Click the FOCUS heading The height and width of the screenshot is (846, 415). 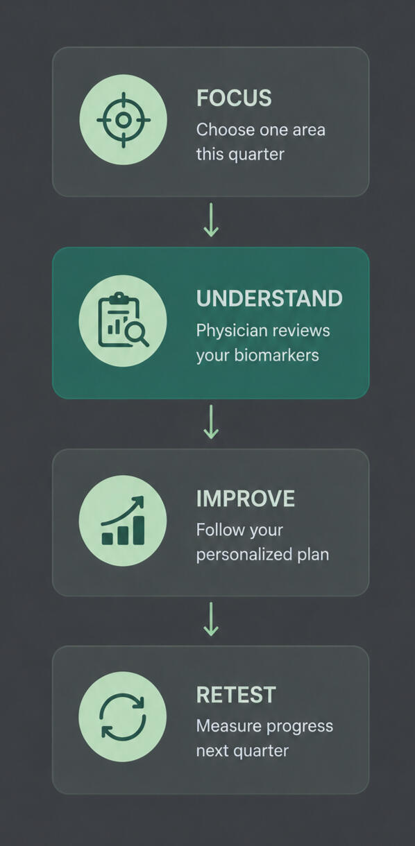coord(234,98)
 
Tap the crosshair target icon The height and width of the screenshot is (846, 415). coord(124,120)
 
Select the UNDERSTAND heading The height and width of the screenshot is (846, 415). coord(269,298)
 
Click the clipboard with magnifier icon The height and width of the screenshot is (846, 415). coord(124,320)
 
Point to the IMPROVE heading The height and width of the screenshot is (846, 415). coord(246,498)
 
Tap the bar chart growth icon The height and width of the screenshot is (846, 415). coord(124,521)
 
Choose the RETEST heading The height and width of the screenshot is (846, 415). coord(236,695)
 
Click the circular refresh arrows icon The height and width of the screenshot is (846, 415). coord(123,716)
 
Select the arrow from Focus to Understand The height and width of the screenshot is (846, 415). coord(211,220)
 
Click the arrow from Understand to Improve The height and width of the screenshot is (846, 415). coord(211,422)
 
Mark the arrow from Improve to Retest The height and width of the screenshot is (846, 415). coord(211,619)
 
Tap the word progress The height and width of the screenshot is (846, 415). coord(298,727)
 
